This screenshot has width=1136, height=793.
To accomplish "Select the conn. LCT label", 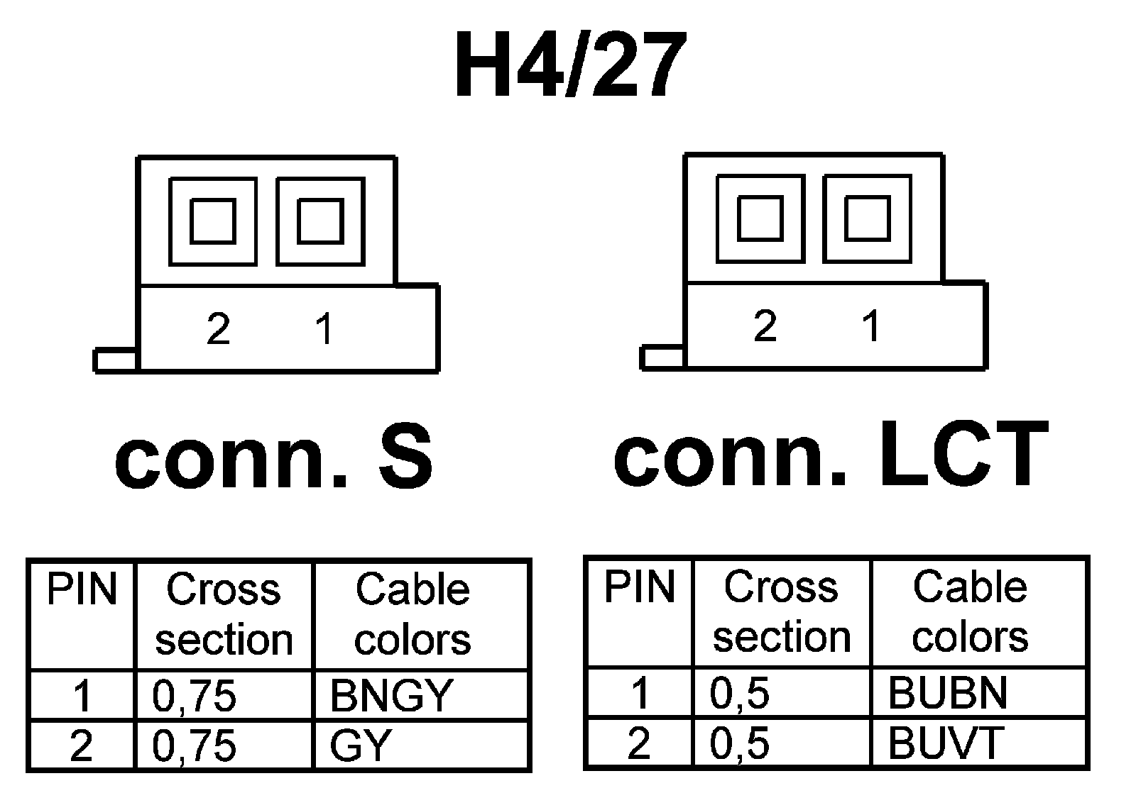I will pyautogui.click(x=831, y=454).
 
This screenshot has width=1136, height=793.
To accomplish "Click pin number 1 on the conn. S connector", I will pyautogui.click(x=324, y=329).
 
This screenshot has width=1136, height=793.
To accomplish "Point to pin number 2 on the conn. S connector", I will pyautogui.click(x=218, y=329).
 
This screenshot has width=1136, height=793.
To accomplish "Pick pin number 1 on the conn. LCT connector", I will pyautogui.click(x=871, y=326).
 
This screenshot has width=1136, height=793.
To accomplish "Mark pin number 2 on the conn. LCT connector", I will pyautogui.click(x=765, y=326).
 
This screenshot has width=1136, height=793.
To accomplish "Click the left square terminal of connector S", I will pyautogui.click(x=213, y=221).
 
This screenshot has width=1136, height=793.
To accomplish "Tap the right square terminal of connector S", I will pyautogui.click(x=320, y=221).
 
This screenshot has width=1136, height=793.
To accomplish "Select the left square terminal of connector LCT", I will pyautogui.click(x=760, y=218).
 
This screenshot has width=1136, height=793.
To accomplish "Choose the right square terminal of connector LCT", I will pyautogui.click(x=867, y=218).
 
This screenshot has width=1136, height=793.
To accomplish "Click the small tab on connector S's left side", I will pyautogui.click(x=115, y=360).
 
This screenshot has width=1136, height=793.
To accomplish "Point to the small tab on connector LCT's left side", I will pyautogui.click(x=662, y=357).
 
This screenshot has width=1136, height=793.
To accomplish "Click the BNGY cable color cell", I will pyautogui.click(x=391, y=695).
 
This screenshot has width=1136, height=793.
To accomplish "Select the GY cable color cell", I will pyautogui.click(x=361, y=745).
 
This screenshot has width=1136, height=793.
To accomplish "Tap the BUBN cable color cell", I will pyautogui.click(x=948, y=692).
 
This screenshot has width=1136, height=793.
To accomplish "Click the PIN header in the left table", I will pyautogui.click(x=82, y=590).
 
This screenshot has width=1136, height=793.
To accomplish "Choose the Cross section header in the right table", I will pyautogui.click(x=781, y=611).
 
